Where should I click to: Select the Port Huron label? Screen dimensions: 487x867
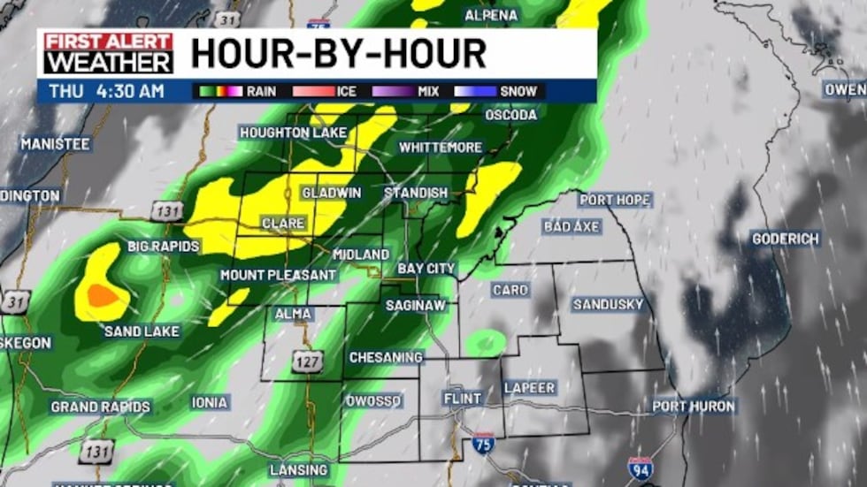[694, 407]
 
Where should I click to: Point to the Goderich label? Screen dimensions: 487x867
[786, 239]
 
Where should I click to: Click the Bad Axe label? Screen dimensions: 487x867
[572, 227]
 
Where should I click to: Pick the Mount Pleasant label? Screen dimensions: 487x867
[278, 275]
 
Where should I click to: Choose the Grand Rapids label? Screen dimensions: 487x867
[100, 407]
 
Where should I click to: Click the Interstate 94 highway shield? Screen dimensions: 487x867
[641, 468]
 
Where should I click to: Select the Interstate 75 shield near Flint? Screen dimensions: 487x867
[483, 443]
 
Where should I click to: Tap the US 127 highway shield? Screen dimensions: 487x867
[308, 361]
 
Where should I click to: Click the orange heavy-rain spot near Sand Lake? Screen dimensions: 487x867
[104, 295]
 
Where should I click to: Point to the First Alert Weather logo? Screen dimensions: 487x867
[109, 53]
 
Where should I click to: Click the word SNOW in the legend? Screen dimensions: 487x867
[518, 91]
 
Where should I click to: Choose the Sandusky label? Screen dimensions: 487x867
[608, 305]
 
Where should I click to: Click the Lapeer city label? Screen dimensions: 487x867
[529, 388]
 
